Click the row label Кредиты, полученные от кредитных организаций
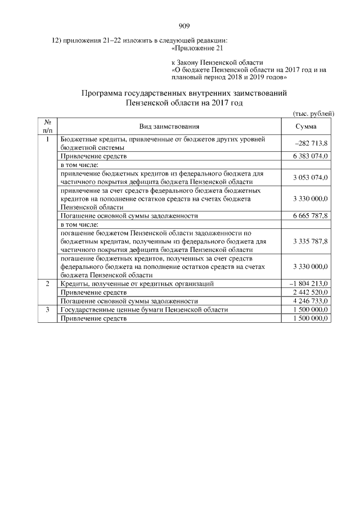coord(137,284)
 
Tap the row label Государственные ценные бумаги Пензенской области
coord(144,310)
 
